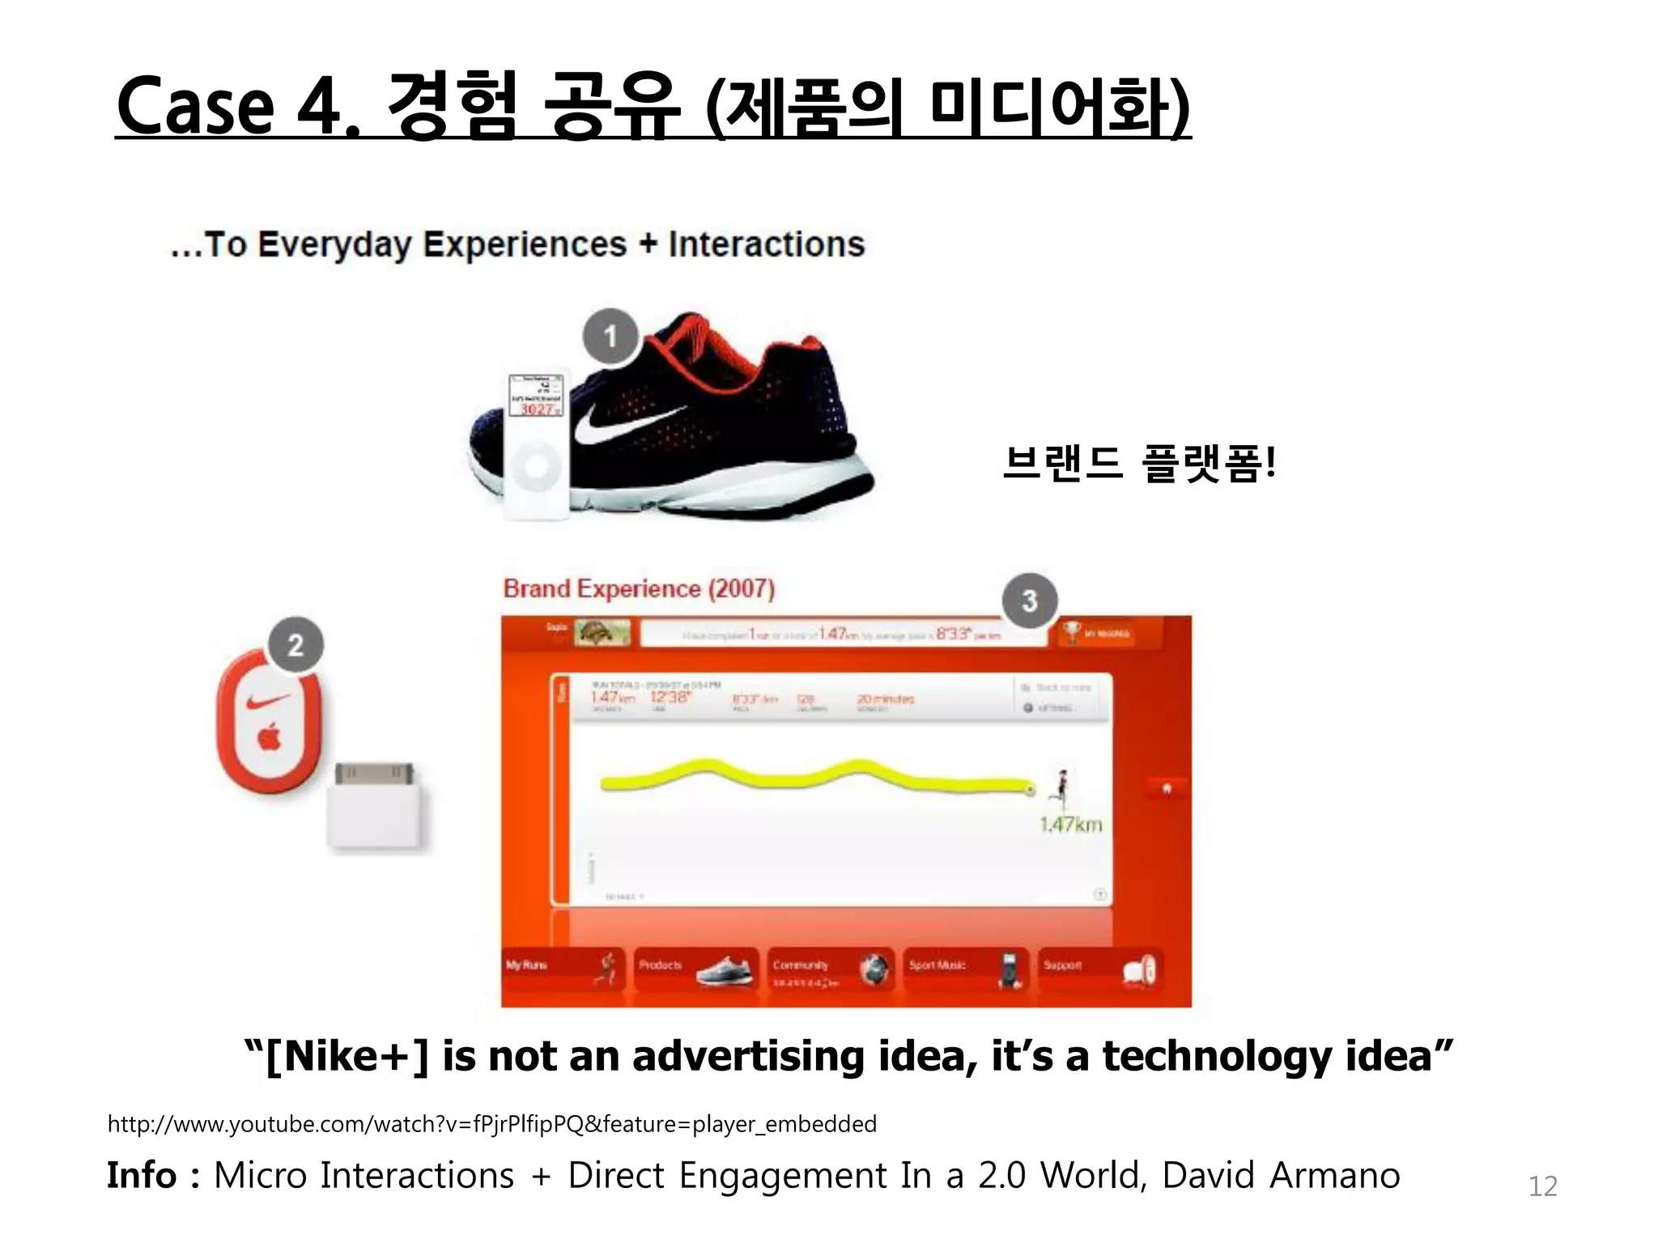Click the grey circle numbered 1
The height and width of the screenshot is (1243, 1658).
click(611, 336)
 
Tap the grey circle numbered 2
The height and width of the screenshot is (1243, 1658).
click(295, 645)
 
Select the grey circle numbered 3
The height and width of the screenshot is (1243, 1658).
click(1029, 600)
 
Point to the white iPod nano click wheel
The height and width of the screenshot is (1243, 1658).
click(536, 466)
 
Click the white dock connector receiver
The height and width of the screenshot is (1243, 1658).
click(376, 807)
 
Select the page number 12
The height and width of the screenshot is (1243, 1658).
click(1542, 1186)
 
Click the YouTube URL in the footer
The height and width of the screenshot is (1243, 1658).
click(491, 1124)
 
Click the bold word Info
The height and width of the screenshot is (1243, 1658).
click(142, 1175)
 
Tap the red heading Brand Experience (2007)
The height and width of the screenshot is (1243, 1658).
click(639, 588)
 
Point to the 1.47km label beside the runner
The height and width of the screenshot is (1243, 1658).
click(1070, 825)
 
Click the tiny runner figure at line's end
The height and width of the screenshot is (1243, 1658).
click(1061, 787)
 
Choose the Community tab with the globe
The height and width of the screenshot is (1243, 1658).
click(830, 968)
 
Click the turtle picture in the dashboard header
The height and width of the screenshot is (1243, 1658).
click(602, 632)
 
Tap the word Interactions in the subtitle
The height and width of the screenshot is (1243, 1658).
click(766, 244)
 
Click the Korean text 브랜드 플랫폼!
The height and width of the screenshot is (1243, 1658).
click(1139, 464)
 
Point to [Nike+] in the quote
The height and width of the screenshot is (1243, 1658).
click(346, 1056)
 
